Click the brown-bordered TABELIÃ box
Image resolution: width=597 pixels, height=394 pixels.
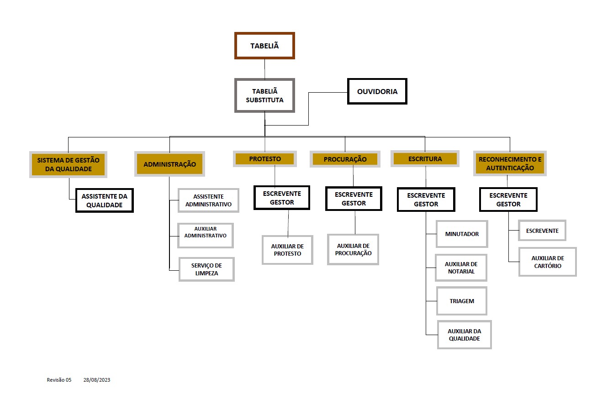(x=264, y=46)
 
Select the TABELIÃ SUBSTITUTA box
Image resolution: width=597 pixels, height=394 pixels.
(x=264, y=95)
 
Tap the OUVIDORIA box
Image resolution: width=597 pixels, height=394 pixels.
(x=377, y=91)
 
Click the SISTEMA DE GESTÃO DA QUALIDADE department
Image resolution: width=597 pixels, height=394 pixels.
(x=68, y=164)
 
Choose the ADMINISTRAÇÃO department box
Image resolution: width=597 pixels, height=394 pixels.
(x=169, y=164)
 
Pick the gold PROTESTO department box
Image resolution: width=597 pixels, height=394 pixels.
(x=264, y=159)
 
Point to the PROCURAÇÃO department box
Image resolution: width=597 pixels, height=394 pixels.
(x=345, y=159)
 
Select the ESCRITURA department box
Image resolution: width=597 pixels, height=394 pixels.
(x=425, y=159)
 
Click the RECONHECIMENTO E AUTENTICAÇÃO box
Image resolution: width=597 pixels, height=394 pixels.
(x=510, y=163)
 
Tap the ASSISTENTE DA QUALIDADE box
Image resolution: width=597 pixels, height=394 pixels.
(x=105, y=200)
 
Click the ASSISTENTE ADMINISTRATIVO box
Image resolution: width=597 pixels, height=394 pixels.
(x=208, y=200)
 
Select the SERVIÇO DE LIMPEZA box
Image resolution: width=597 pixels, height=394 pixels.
(x=206, y=269)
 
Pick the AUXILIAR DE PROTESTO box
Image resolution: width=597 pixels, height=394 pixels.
(x=287, y=250)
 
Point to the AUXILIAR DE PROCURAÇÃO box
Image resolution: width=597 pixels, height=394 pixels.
(x=353, y=249)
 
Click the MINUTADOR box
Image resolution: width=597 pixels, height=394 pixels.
(x=462, y=234)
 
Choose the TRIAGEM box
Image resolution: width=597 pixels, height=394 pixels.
(x=462, y=301)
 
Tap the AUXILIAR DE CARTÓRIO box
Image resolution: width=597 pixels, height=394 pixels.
(x=548, y=262)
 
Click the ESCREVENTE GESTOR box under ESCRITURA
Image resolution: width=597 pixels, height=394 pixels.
(x=426, y=200)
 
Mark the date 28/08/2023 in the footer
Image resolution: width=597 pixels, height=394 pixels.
(x=97, y=380)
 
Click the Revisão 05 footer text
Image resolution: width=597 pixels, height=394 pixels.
(x=59, y=380)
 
